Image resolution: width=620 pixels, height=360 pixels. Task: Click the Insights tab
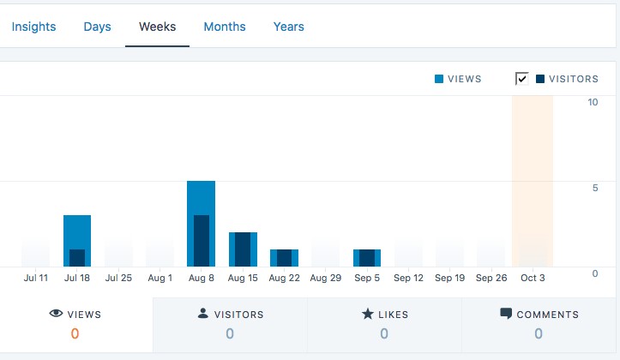click(x=33, y=27)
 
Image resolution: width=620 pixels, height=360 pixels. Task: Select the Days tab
click(x=97, y=27)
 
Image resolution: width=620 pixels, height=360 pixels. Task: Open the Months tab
click(x=225, y=27)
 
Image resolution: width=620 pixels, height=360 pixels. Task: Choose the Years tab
click(x=289, y=27)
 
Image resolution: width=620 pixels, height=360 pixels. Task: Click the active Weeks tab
click(x=158, y=27)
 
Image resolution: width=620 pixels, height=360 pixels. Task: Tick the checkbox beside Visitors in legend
click(x=522, y=79)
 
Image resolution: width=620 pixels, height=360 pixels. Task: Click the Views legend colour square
click(x=439, y=79)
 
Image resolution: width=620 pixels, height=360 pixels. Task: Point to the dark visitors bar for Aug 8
click(x=201, y=241)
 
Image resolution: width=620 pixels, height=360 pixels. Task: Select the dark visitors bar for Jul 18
click(x=77, y=258)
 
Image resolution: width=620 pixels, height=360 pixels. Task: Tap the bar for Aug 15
click(x=243, y=249)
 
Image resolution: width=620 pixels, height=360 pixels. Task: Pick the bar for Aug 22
click(x=284, y=258)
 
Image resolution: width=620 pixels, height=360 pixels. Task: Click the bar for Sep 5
click(x=367, y=258)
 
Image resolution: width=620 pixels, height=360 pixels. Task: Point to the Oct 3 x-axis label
click(x=533, y=278)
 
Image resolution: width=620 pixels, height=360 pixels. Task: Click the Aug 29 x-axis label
click(x=326, y=278)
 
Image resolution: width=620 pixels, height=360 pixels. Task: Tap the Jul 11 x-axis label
click(x=36, y=278)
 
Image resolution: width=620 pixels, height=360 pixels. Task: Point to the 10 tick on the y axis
click(x=593, y=102)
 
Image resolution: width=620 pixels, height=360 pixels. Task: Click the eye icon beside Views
click(x=57, y=314)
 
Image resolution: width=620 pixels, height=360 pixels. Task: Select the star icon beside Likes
click(x=368, y=314)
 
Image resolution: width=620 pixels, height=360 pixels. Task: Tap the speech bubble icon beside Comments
click(x=506, y=314)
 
